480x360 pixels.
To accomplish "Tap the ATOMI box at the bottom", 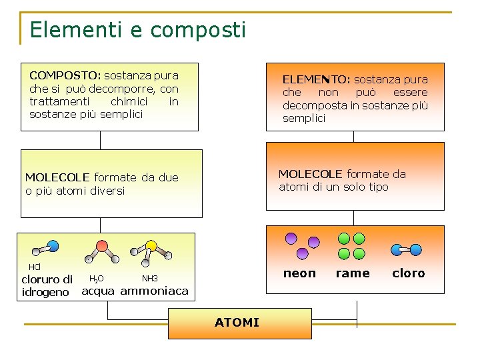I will (237, 323).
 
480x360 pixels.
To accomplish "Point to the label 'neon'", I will (299, 273).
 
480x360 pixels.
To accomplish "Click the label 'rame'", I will (353, 273).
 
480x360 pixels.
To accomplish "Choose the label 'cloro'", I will (408, 273).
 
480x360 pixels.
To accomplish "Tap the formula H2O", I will (96, 279).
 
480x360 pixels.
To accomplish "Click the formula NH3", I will (149, 278).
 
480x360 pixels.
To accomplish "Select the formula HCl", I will (34, 267).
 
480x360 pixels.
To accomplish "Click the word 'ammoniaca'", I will (154, 291).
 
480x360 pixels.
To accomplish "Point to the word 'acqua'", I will (98, 291).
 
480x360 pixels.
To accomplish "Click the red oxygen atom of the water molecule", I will (101, 245).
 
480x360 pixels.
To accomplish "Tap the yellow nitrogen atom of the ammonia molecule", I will (151, 245).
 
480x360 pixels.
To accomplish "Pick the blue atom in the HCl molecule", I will (53, 245).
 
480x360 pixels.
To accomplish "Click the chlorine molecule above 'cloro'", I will (406, 250).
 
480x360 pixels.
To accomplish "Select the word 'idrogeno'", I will (45, 292).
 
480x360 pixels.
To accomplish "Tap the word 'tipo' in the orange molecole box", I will (376, 187).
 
